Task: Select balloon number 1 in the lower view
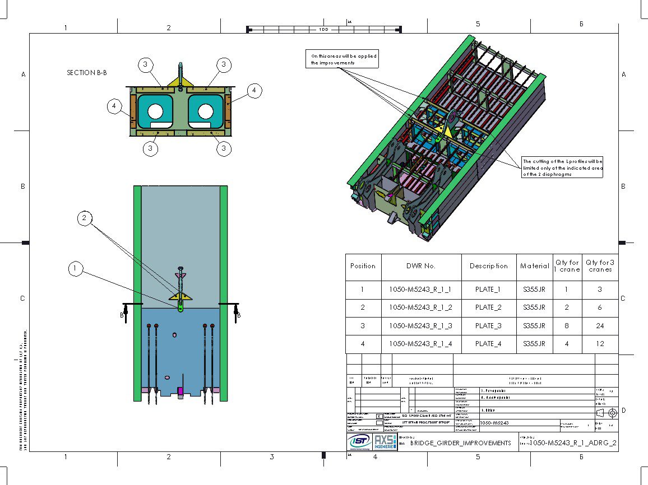click(76, 269)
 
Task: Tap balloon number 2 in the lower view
click(84, 218)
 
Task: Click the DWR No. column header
click(421, 266)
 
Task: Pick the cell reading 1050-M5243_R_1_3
click(420, 325)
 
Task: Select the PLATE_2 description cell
click(488, 307)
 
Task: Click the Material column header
click(535, 266)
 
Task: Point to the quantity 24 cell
click(600, 325)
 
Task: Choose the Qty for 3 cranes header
click(600, 266)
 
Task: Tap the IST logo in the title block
click(359, 442)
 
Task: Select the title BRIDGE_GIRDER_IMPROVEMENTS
click(461, 443)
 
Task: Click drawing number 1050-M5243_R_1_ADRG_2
click(573, 443)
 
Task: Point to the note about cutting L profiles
click(562, 167)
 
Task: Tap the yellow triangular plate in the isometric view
click(445, 131)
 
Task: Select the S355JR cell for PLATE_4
click(534, 344)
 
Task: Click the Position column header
click(363, 266)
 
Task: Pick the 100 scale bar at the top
click(323, 29)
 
